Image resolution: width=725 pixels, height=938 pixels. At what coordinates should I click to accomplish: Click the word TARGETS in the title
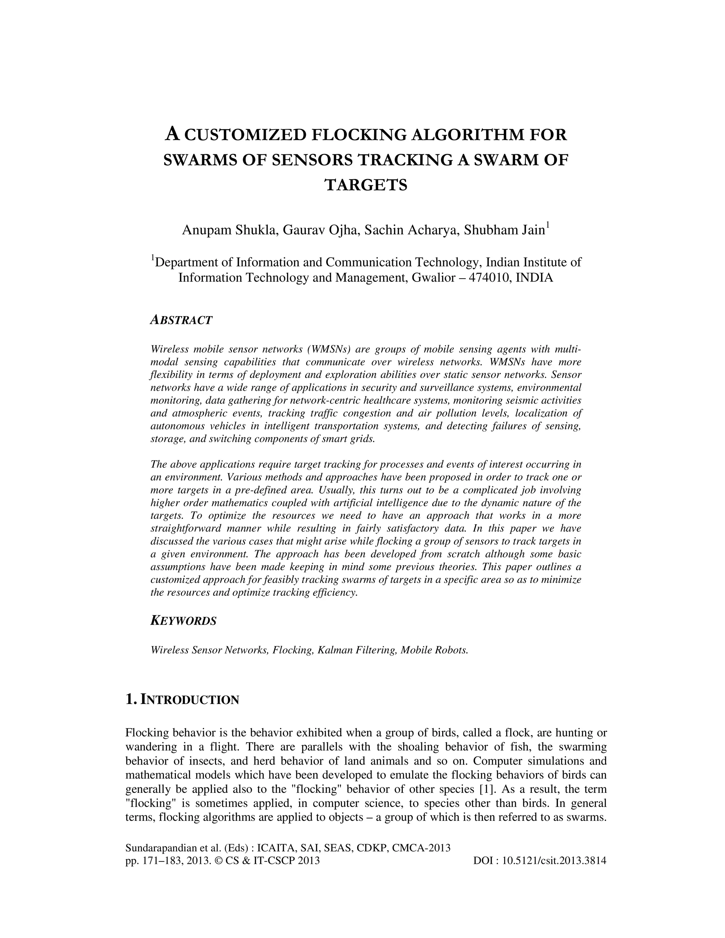365,185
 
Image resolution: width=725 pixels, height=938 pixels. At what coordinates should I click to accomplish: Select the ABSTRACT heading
181,320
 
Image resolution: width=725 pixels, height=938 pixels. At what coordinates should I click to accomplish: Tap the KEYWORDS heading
183,621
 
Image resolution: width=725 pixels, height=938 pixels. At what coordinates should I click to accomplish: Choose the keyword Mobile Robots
434,650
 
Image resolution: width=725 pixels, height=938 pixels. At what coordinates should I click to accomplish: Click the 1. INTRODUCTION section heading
182,700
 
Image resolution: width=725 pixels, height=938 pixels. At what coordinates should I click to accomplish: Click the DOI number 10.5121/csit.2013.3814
554,860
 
